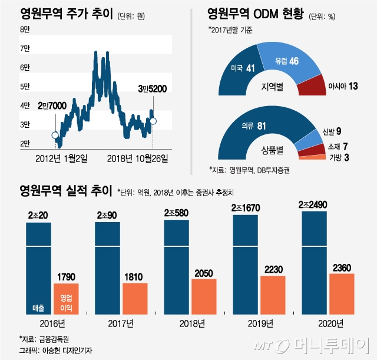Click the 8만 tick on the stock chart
pyautogui.click(x=25, y=29)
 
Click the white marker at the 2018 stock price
pyautogui.click(x=153, y=121)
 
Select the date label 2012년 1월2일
pyautogui.click(x=62, y=158)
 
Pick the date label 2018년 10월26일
pyautogui.click(x=137, y=158)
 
